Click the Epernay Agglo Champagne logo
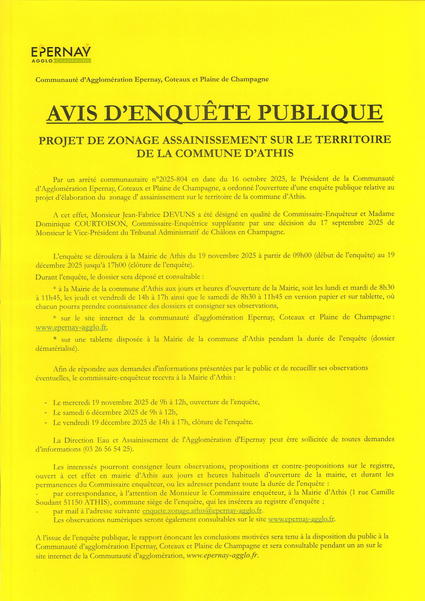click(x=61, y=55)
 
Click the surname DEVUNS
click(x=179, y=215)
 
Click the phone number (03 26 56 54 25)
click(x=108, y=449)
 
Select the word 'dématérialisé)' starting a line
click(x=57, y=349)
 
